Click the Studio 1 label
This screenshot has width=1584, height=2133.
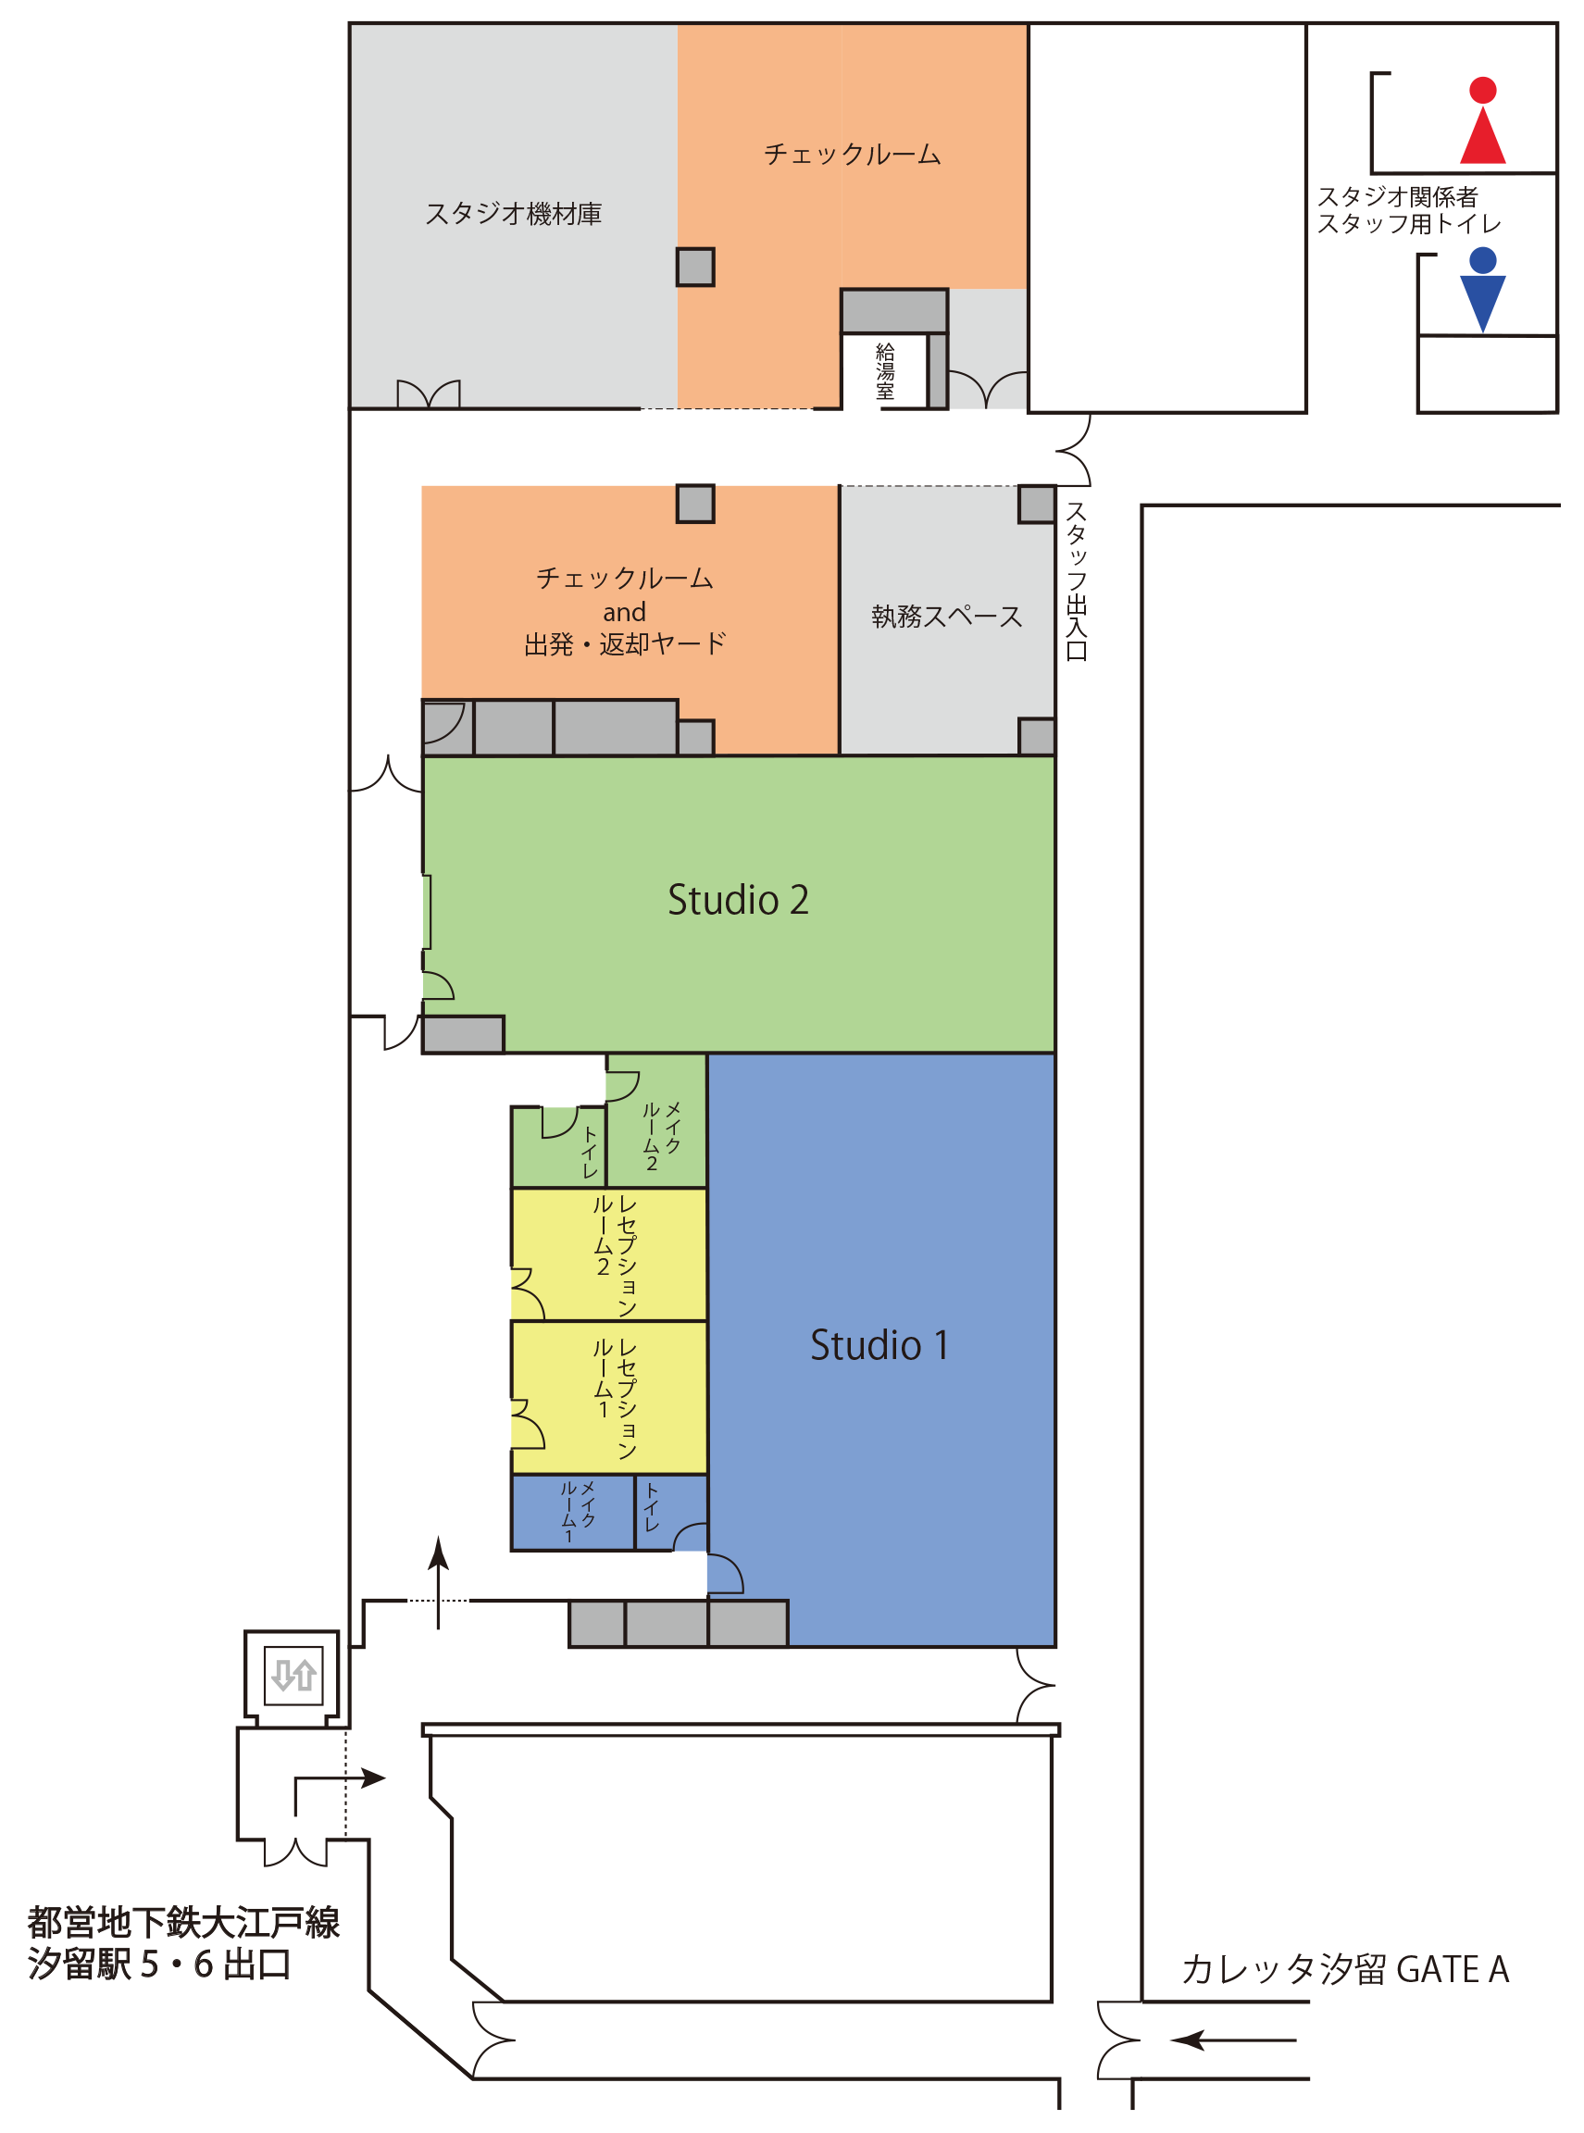[879, 1345]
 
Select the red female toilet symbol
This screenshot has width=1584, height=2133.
[1482, 119]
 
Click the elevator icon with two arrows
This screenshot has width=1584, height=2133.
[293, 1675]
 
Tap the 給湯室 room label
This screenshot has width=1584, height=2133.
[884, 371]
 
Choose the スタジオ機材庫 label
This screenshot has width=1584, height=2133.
[513, 214]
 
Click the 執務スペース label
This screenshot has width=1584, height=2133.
[946, 617]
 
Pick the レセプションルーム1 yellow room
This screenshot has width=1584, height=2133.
[609, 1397]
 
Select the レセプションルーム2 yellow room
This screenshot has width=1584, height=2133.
[609, 1254]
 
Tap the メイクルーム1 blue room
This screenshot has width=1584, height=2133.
[572, 1512]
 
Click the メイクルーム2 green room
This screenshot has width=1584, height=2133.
[656, 1121]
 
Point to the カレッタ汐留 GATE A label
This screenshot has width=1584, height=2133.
[1345, 1969]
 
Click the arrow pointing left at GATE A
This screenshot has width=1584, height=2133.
[1233, 2039]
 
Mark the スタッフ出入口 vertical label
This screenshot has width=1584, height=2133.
[1076, 581]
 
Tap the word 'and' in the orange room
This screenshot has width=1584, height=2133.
[624, 612]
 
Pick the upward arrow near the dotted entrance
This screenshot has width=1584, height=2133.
[438, 1583]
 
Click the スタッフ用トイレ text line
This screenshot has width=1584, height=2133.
[1408, 223]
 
